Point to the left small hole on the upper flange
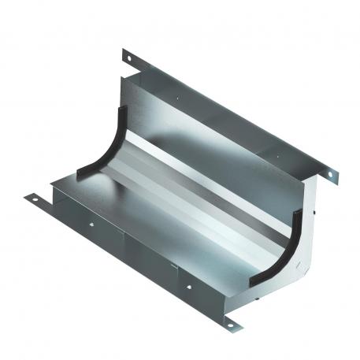pos(180,99)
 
